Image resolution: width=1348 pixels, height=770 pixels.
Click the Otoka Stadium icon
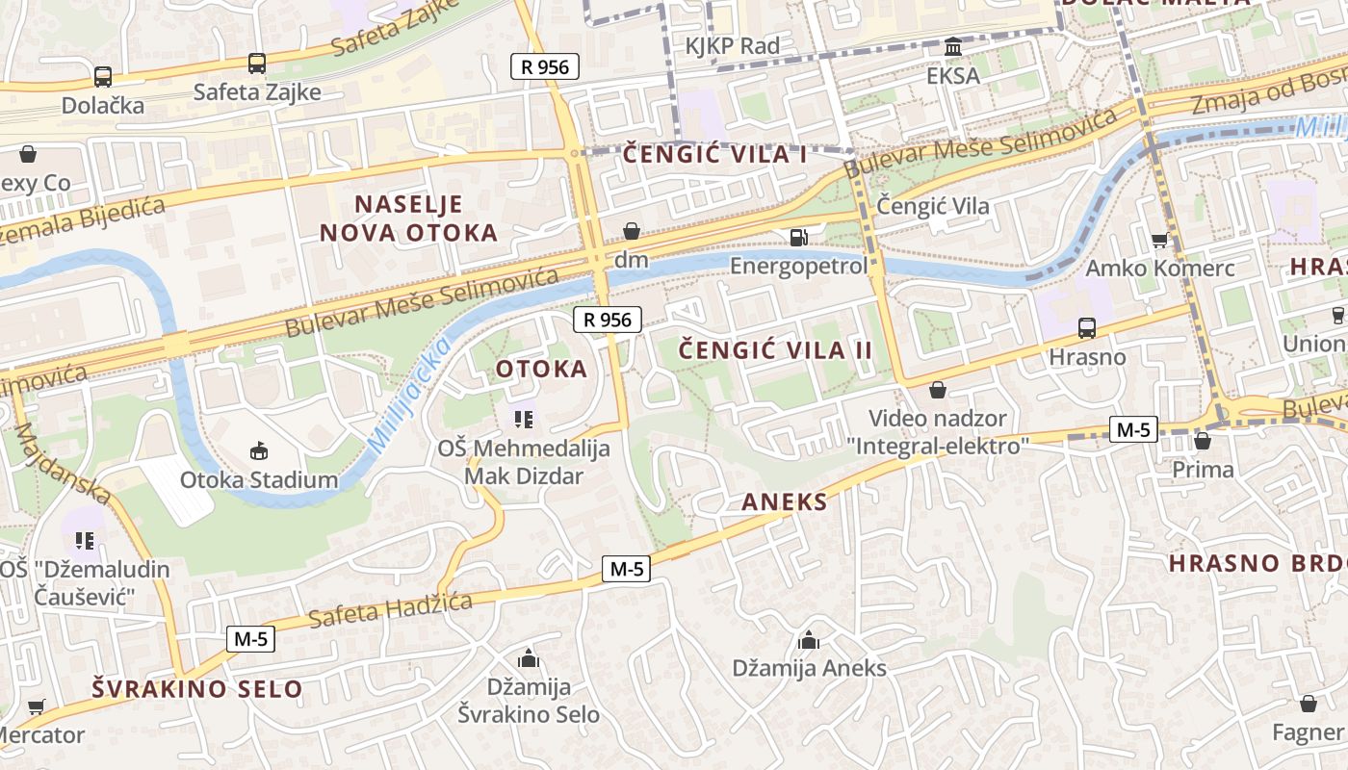pyautogui.click(x=258, y=450)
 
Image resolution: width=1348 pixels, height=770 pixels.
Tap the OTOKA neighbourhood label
pyautogui.click(x=541, y=369)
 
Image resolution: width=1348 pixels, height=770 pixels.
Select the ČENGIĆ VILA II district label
pyautogui.click(x=776, y=349)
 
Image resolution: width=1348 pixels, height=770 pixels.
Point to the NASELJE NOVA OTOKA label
pyautogui.click(x=408, y=218)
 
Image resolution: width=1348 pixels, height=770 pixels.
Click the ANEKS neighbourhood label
pyautogui.click(x=785, y=501)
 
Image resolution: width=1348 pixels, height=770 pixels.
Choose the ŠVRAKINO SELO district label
pyautogui.click(x=197, y=688)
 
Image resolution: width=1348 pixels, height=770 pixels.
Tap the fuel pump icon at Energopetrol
pyautogui.click(x=798, y=237)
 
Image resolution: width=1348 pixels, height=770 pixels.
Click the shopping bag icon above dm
pyautogui.click(x=632, y=231)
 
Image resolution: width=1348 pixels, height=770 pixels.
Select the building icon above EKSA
pyautogui.click(x=953, y=47)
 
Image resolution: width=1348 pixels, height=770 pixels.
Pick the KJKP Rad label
pyautogui.click(x=732, y=45)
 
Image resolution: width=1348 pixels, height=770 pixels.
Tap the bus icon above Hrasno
pyautogui.click(x=1087, y=328)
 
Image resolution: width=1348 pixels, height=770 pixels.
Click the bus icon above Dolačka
pyautogui.click(x=103, y=77)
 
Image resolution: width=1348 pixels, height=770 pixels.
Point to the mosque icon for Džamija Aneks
pyautogui.click(x=809, y=640)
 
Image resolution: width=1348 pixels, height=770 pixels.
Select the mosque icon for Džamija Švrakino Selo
pyautogui.click(x=528, y=659)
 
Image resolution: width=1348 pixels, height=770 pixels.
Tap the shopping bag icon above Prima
pyautogui.click(x=1202, y=442)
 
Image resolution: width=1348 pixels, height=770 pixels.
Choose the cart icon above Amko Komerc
pyautogui.click(x=1159, y=240)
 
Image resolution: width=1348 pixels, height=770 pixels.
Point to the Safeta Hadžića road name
pyautogui.click(x=389, y=609)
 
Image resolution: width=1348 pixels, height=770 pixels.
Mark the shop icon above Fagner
pyautogui.click(x=1308, y=705)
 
